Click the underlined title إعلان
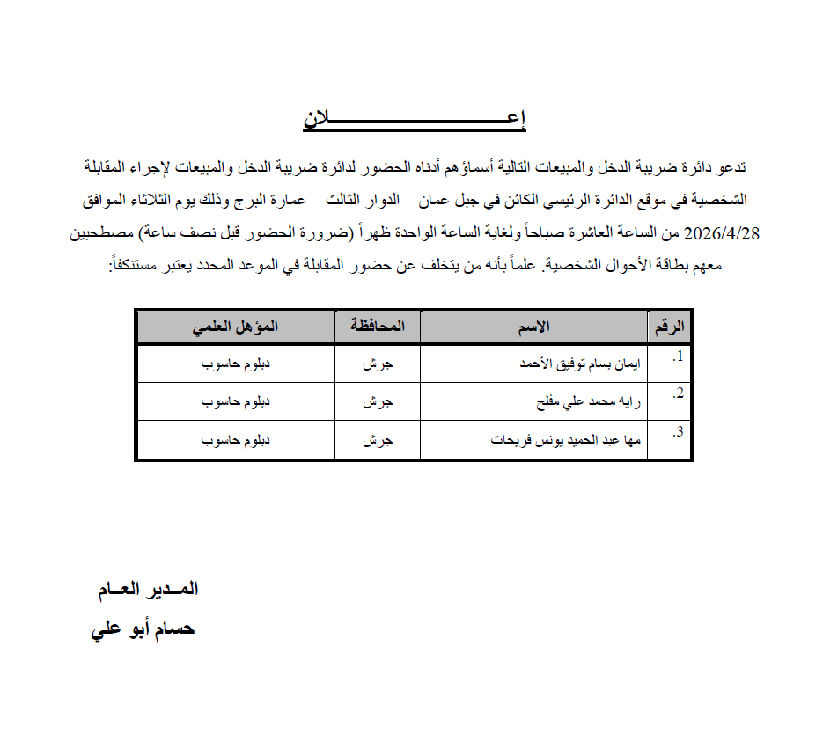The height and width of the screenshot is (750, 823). click(x=415, y=121)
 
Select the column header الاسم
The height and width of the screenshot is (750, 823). click(x=533, y=327)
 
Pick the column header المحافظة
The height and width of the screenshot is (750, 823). click(x=378, y=327)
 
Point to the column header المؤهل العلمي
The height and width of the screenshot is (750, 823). click(x=235, y=327)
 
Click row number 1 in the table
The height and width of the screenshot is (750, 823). click(x=677, y=357)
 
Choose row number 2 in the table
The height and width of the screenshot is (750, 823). click(x=677, y=395)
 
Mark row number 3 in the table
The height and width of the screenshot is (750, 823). click(x=677, y=433)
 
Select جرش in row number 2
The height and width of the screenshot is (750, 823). click(x=378, y=403)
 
